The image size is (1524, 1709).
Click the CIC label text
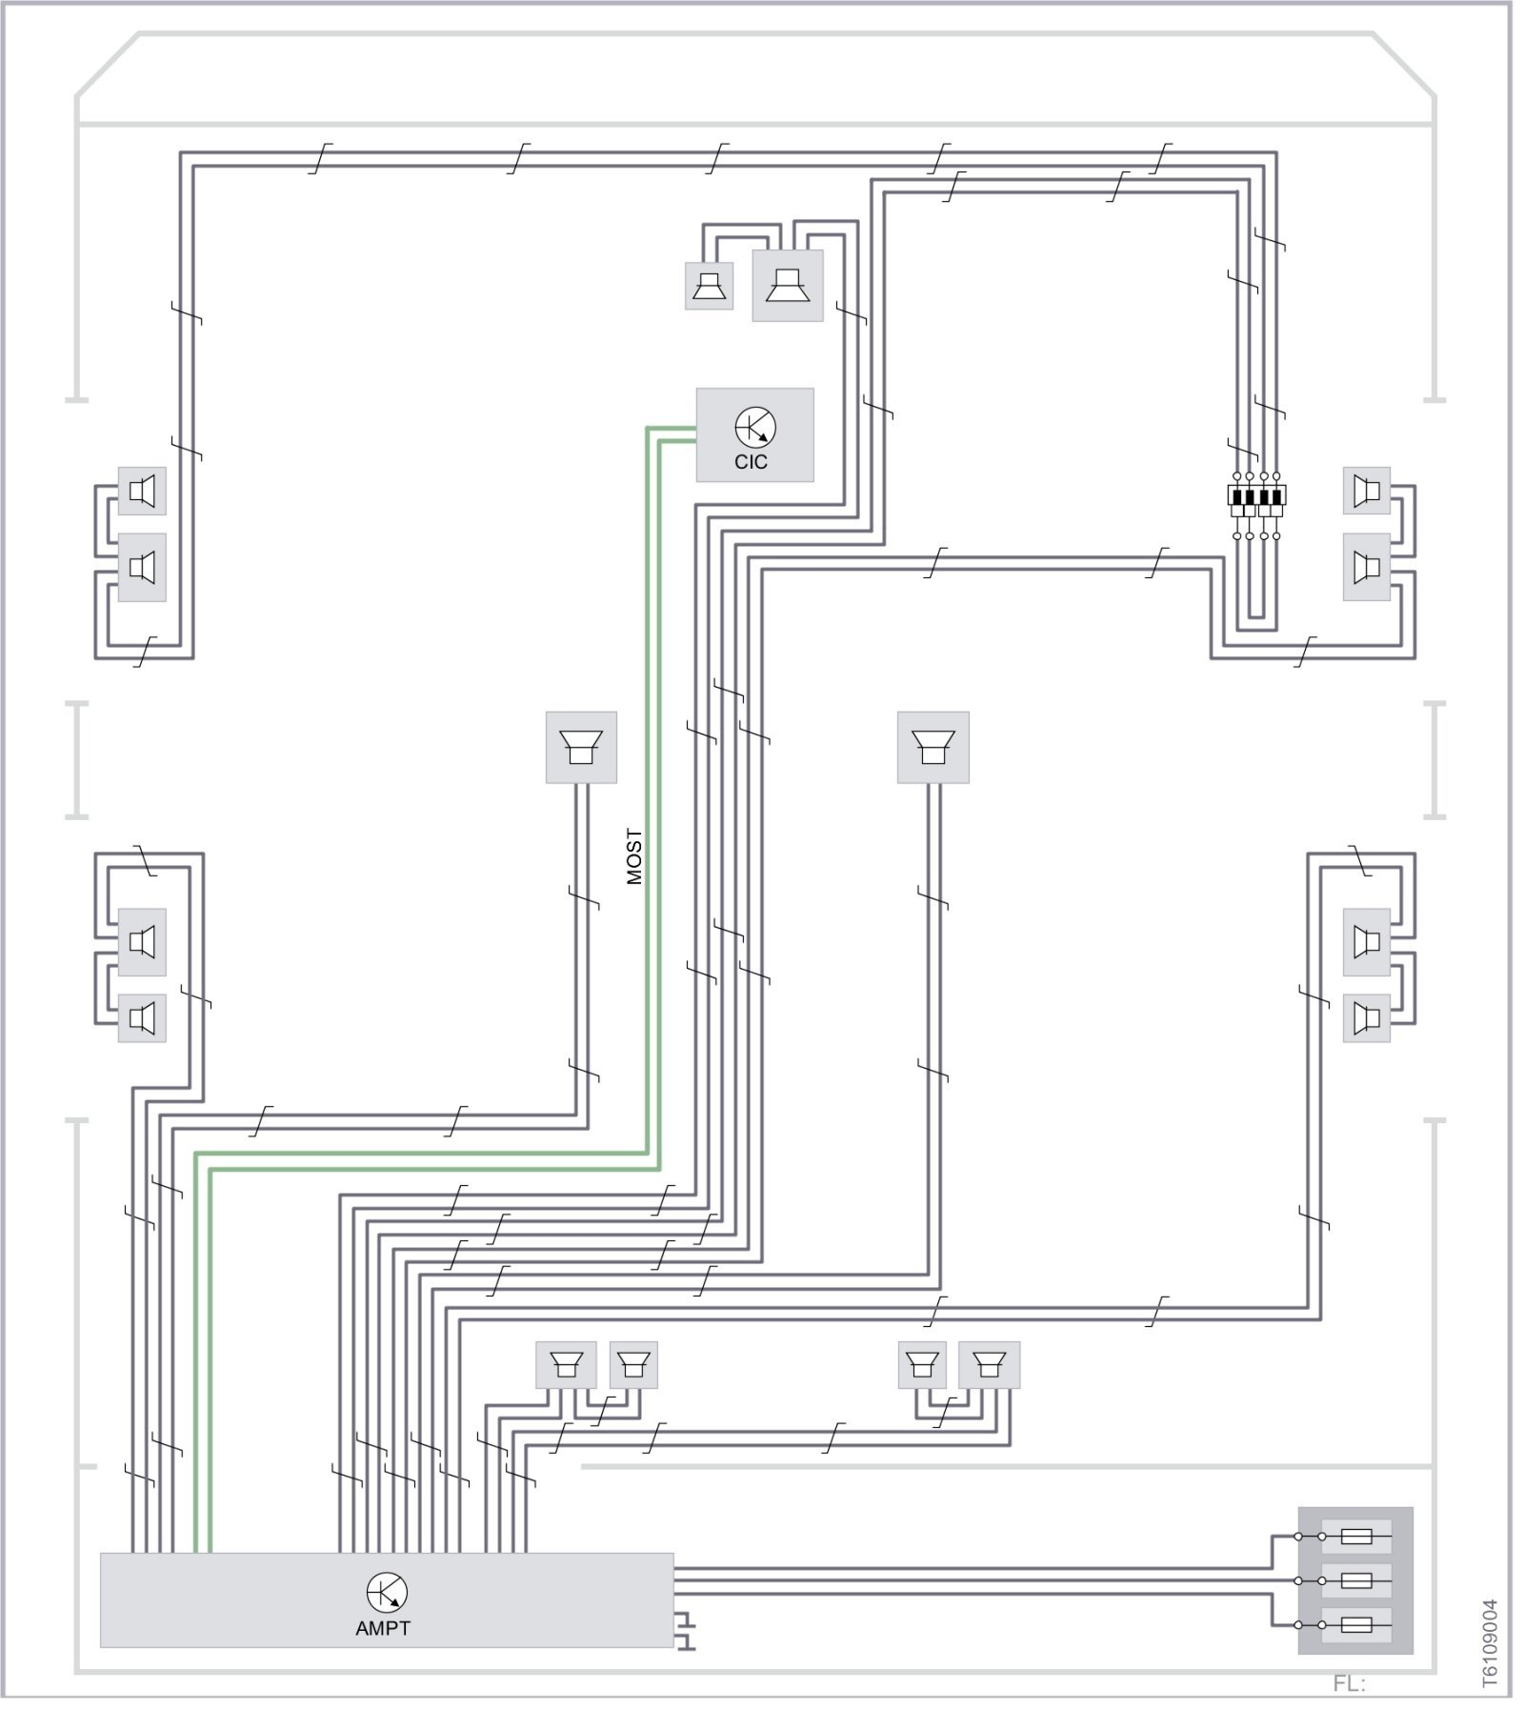[751, 462]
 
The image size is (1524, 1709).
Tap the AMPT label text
[383, 1628]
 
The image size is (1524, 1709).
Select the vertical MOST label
[634, 856]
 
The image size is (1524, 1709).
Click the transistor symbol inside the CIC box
[755, 427]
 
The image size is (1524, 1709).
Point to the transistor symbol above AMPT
[387, 1592]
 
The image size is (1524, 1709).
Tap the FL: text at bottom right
[1349, 1683]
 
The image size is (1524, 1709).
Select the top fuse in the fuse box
[1355, 1537]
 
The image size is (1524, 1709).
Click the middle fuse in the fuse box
[1355, 1581]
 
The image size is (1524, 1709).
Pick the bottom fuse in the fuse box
[1355, 1625]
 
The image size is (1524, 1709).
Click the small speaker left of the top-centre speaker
[709, 286]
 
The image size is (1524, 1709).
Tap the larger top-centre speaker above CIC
[787, 285]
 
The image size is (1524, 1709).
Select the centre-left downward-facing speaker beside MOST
[580, 747]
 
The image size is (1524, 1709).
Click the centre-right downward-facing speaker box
[932, 747]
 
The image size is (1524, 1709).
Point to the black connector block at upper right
[1256, 495]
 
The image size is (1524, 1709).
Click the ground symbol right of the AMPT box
[686, 1631]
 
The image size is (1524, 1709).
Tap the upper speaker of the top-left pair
[142, 492]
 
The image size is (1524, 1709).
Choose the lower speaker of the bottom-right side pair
[1367, 1018]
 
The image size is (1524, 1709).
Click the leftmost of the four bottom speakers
[566, 1365]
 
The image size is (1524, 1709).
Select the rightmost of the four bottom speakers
[989, 1365]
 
